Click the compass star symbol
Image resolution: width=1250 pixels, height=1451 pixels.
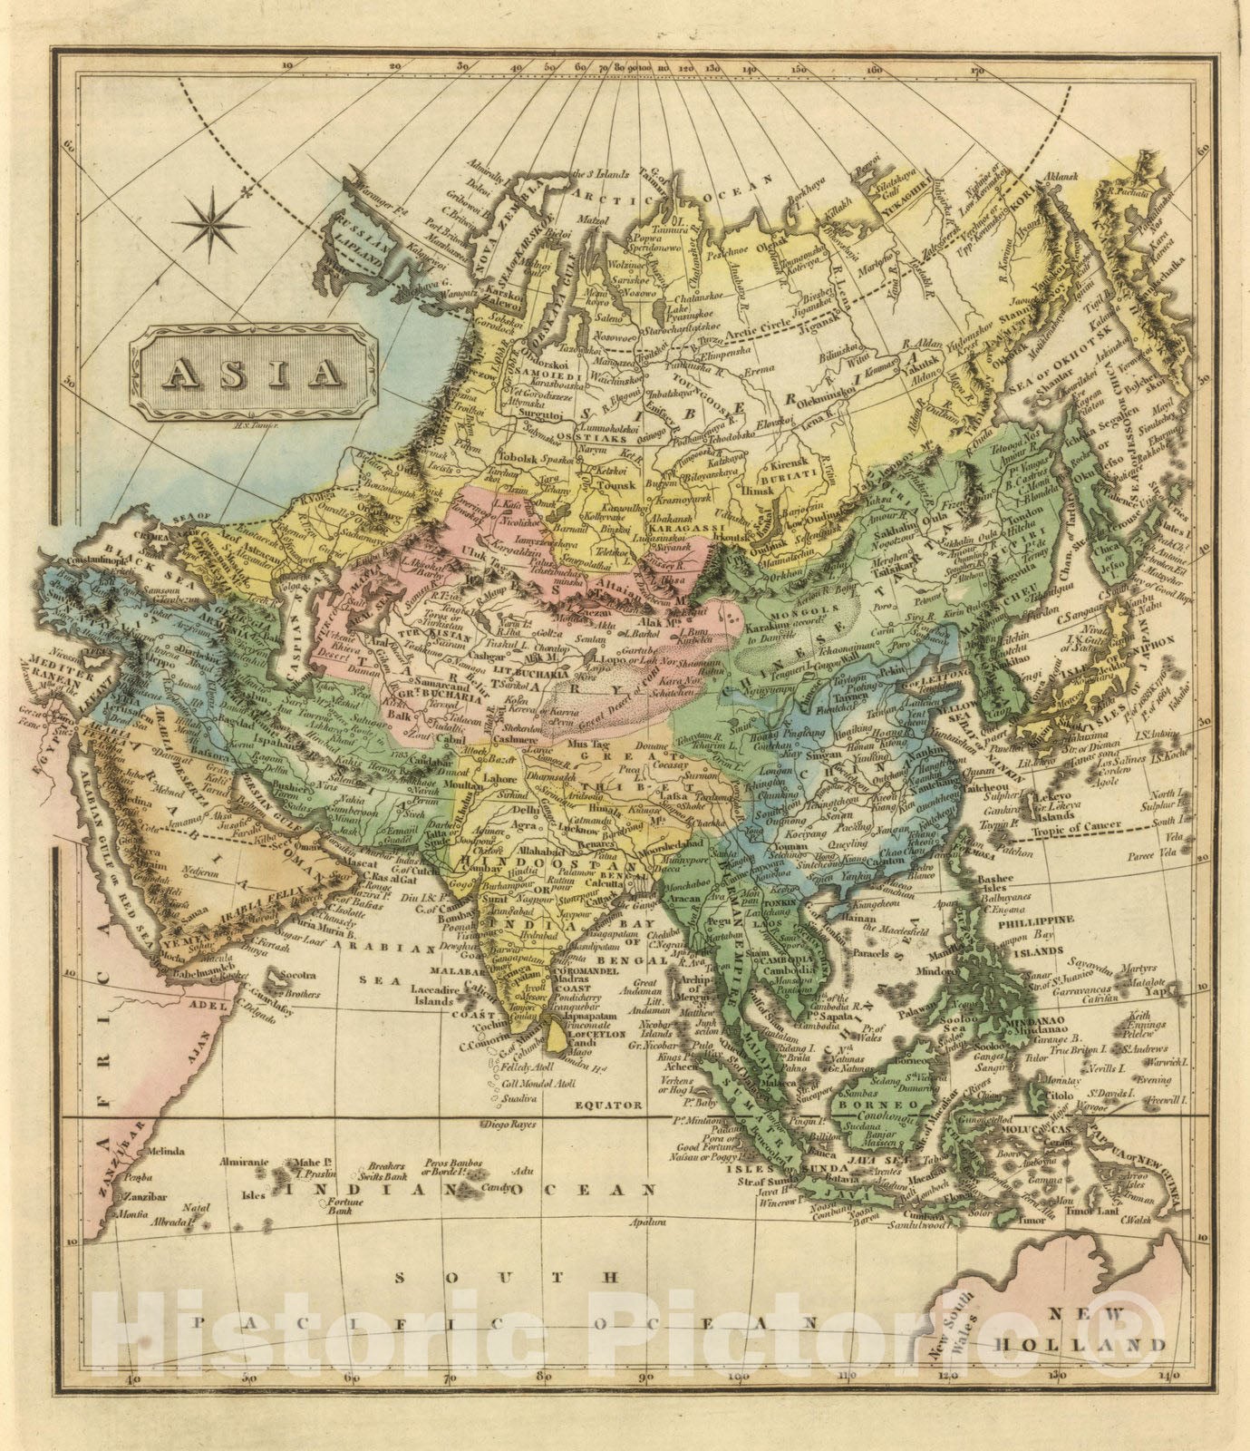click(x=210, y=222)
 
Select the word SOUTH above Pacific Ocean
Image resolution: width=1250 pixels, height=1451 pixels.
click(x=508, y=1276)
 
